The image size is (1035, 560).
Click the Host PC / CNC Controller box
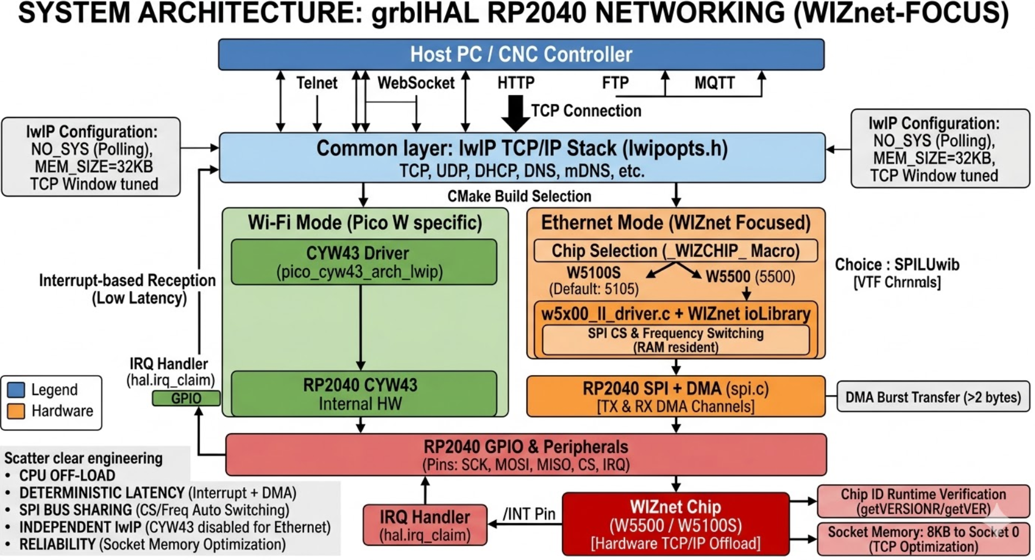[521, 55]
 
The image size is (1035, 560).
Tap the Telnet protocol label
[316, 83]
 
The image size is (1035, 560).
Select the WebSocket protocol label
[415, 83]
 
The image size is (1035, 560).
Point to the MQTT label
[714, 83]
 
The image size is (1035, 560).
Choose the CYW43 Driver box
[364, 262]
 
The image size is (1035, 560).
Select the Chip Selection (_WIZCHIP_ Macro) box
[675, 251]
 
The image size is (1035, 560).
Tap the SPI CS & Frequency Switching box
[675, 340]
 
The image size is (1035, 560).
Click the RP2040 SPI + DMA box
[675, 397]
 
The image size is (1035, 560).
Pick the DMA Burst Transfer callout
[932, 397]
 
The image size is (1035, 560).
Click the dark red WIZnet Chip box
[675, 524]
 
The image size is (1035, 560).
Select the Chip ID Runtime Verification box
[923, 501]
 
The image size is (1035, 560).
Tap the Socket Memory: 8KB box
[923, 539]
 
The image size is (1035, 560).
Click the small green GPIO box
[186, 399]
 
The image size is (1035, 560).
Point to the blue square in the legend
[16, 390]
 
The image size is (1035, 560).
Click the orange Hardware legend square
[16, 411]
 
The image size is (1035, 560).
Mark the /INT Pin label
[529, 514]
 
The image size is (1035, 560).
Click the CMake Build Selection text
[519, 196]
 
